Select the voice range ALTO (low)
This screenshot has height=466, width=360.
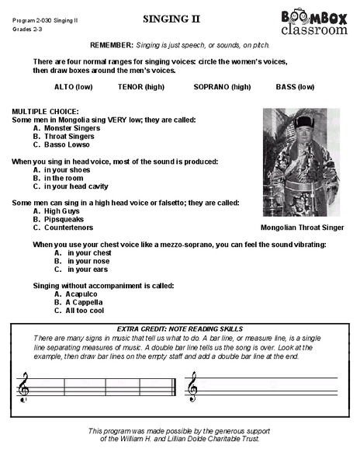pyautogui.click(x=74, y=87)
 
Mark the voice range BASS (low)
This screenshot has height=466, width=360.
pyautogui.click(x=295, y=87)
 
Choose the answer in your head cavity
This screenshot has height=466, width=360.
pyautogui.click(x=76, y=186)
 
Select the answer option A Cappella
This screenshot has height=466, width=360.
pyautogui.click(x=84, y=302)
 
